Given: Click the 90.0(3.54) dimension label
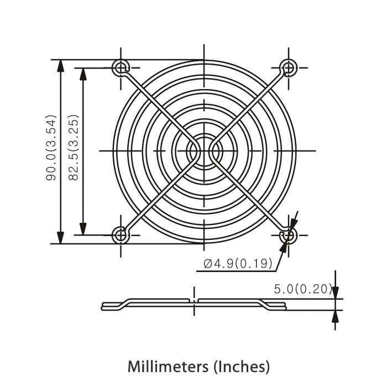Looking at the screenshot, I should tap(51, 148).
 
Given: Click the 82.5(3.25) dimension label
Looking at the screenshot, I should tap(74, 148).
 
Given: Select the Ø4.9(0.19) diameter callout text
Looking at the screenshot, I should tap(238, 264).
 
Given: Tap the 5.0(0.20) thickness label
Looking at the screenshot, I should tap(302, 289).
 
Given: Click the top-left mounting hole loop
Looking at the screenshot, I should tap(121, 68).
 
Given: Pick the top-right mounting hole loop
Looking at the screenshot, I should tap(288, 68).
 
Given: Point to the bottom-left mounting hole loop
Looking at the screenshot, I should tap(121, 235).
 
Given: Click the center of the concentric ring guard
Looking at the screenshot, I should tap(204, 150).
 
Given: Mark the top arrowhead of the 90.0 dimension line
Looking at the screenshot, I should tap(60, 65).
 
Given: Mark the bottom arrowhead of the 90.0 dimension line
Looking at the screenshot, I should tap(60, 237).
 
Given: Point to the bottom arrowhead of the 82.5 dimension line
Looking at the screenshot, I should tap(83, 228).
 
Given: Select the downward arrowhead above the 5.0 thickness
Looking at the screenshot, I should tap(335, 293).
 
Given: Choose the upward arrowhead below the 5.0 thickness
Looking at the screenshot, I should tap(335, 316).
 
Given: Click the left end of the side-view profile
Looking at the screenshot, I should tap(103, 306).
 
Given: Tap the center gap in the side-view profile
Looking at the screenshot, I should tap(194, 302).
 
